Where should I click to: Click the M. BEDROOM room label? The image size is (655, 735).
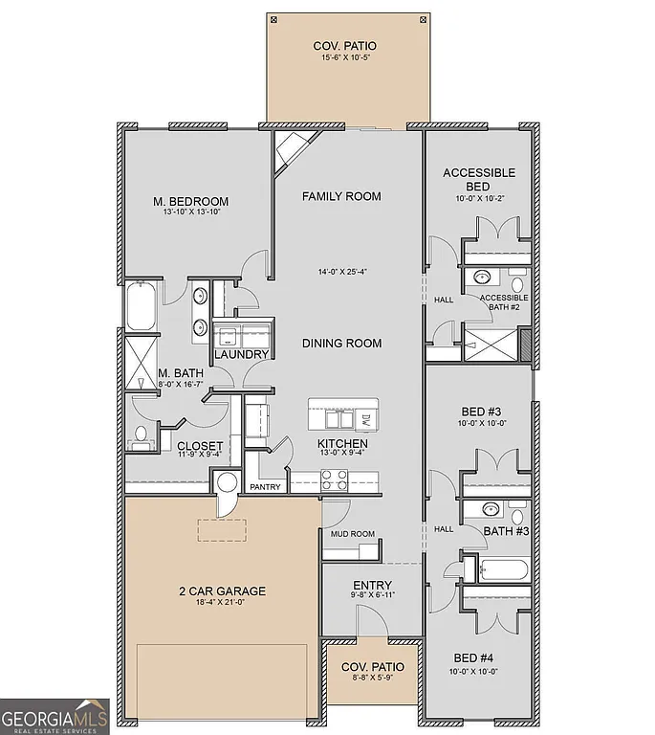coord(191,201)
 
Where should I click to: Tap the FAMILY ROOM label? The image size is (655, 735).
coord(341,196)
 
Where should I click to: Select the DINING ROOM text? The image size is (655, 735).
coord(341,344)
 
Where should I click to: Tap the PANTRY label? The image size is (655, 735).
coord(265,487)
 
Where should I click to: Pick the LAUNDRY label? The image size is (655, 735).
coord(241,355)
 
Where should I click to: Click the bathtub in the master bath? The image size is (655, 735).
coord(140,305)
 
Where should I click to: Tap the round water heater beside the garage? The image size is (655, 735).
coord(228,482)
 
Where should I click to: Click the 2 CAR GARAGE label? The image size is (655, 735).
coord(221,591)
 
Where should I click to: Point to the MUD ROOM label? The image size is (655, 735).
coord(353,534)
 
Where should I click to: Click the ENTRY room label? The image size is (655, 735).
coord(372,586)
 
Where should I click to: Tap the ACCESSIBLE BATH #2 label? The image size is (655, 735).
coord(503,302)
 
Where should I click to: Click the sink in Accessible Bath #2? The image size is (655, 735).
coord(483,278)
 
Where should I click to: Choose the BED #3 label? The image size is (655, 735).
coord(479,413)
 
